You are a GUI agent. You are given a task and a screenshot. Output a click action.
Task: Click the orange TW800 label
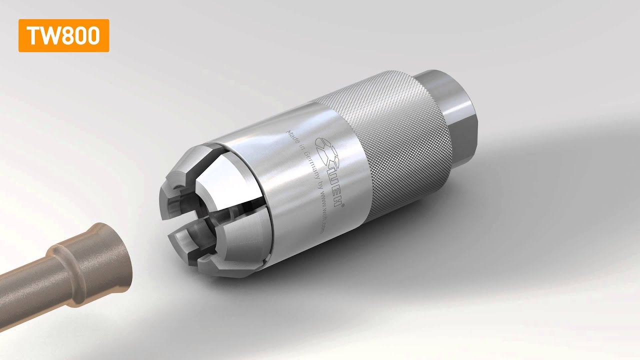click(63, 35)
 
